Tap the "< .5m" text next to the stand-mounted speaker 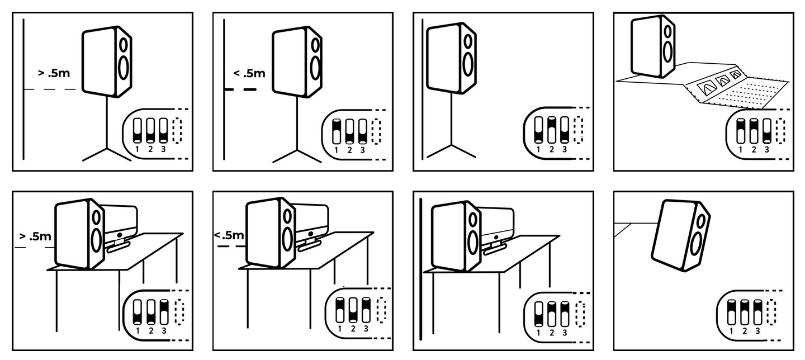click(249, 73)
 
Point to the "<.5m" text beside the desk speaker click(229, 235)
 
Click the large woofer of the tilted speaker click(697, 244)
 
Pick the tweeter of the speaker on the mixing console click(666, 31)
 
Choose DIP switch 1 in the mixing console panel click(741, 131)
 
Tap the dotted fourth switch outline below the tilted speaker click(772, 312)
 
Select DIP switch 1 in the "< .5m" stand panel click(336, 131)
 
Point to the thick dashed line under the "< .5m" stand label click(240, 89)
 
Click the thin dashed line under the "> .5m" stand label click(51, 89)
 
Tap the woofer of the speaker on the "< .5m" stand click(316, 67)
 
